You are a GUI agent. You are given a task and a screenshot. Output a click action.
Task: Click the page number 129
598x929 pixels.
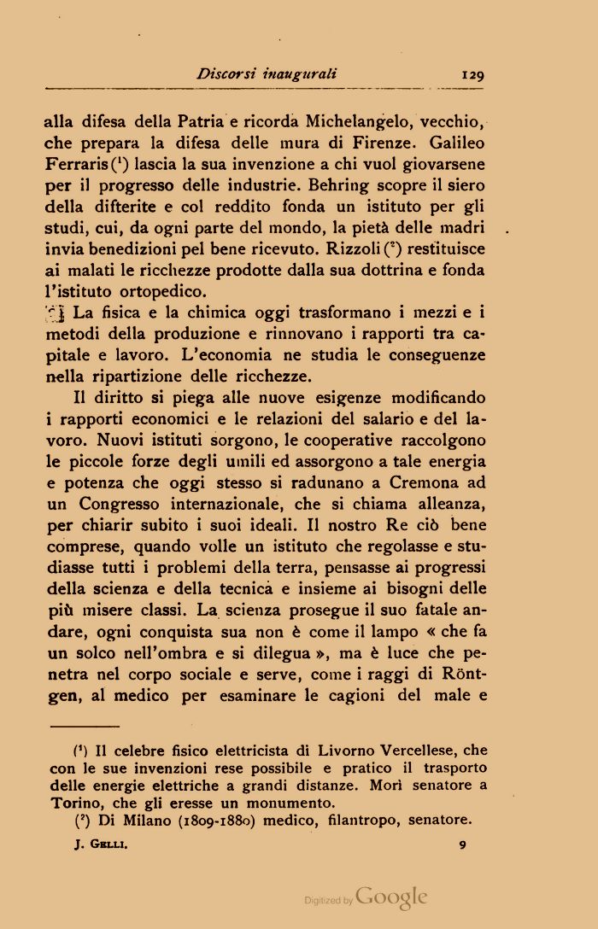(473, 74)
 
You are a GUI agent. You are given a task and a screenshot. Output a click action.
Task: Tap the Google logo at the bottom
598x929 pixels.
(390, 897)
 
